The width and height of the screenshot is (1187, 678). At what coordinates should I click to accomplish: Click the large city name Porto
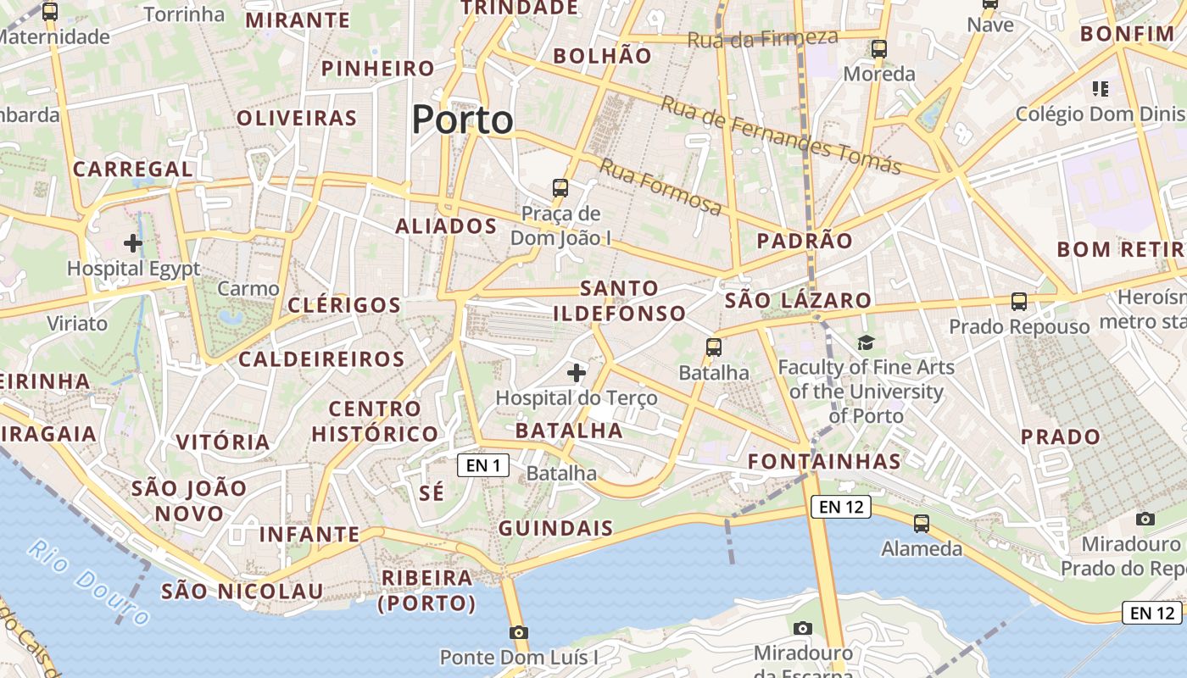(x=463, y=119)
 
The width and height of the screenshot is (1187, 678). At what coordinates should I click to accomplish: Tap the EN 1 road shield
(x=483, y=464)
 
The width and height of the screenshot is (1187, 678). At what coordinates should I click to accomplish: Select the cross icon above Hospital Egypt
(x=133, y=244)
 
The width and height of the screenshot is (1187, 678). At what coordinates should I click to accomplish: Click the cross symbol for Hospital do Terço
(x=577, y=372)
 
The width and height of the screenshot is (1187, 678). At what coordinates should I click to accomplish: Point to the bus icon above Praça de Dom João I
(x=560, y=187)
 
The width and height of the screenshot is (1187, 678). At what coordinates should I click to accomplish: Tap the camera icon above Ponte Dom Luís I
(x=519, y=632)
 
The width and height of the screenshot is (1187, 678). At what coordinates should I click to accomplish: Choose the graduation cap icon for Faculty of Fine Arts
(x=866, y=342)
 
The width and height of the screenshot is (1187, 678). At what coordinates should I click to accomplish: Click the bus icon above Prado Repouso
(x=1018, y=301)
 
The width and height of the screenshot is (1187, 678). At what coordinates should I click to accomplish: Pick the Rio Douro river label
(x=87, y=581)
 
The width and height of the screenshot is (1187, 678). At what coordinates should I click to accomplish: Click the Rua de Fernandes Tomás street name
(x=780, y=135)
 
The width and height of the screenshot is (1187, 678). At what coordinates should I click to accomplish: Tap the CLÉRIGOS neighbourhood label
(x=344, y=305)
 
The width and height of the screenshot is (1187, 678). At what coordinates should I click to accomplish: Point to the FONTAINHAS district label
(x=824, y=462)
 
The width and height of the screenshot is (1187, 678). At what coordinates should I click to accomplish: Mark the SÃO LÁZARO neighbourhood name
(x=798, y=300)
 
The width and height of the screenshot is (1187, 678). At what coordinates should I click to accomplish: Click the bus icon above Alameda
(x=922, y=524)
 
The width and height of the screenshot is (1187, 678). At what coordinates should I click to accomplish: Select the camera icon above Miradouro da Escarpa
(x=803, y=628)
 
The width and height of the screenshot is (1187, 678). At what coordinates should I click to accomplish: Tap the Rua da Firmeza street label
(x=762, y=38)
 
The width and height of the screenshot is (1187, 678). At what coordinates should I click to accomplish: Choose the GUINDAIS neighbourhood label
(x=555, y=528)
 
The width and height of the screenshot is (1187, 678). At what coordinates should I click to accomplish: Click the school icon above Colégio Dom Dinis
(x=1101, y=88)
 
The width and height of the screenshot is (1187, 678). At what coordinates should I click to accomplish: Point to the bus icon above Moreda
(x=879, y=49)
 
